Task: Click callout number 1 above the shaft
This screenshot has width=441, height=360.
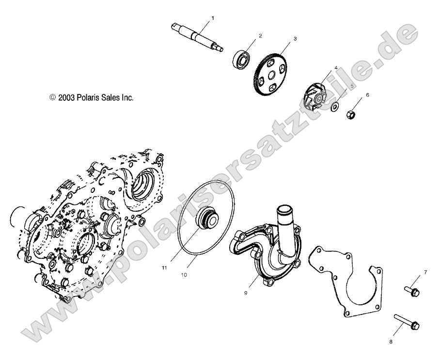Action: point(212,18)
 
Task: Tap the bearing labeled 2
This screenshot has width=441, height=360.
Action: point(242,59)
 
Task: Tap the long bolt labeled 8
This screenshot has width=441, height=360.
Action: point(408,322)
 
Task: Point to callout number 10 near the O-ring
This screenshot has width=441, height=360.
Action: point(184,274)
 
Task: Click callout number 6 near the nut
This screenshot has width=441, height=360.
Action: point(367,95)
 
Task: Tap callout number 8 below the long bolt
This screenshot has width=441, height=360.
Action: point(391,342)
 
